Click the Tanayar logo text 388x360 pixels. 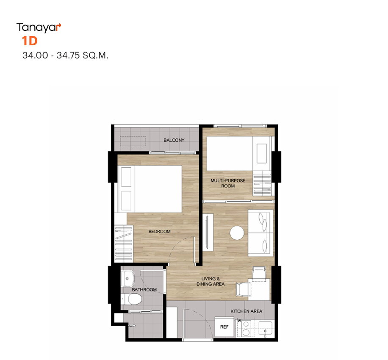point(39,28)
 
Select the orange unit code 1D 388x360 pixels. point(30,41)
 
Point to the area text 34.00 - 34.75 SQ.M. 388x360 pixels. point(65,55)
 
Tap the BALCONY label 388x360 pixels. point(174,140)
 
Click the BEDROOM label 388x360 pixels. point(159,231)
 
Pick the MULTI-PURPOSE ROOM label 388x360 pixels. point(227,183)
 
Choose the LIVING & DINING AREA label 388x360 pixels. point(211,281)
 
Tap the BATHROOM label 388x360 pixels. point(144,290)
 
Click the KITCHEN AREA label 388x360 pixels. point(246,311)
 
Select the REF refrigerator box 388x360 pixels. point(224,327)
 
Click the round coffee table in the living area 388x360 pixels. point(237,233)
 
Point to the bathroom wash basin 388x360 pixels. point(127,278)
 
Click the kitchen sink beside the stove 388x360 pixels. point(265,328)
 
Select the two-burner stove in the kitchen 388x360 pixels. point(246,328)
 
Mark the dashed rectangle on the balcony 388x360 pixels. point(133,141)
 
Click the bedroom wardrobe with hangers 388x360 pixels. point(124,244)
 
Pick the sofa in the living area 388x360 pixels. point(261,233)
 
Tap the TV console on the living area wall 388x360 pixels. point(208,233)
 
